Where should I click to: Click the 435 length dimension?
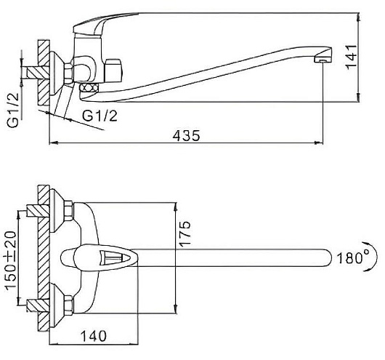click(x=186, y=135)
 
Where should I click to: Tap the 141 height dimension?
click(x=352, y=57)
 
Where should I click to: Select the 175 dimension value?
click(x=185, y=233)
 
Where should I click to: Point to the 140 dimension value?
click(x=94, y=336)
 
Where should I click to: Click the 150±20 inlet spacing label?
click(x=11, y=260)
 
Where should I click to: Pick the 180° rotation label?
click(x=353, y=258)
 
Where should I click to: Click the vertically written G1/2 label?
click(x=13, y=110)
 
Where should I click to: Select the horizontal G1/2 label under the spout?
click(x=100, y=116)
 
